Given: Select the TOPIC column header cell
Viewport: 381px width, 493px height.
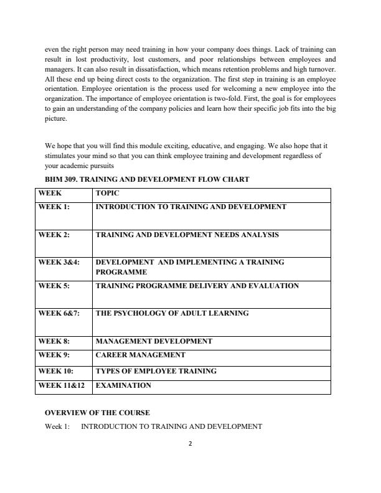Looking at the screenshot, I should (x=107, y=194).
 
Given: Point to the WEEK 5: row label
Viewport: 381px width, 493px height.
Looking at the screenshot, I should (x=54, y=286).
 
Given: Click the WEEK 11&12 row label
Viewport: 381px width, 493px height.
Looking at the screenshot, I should (x=61, y=385).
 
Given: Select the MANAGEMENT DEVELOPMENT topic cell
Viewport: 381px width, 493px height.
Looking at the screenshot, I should (x=154, y=341).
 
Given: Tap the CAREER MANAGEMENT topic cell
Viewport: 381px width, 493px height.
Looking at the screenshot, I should (x=140, y=355).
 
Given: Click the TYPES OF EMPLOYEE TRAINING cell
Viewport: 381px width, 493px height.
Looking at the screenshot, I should (x=156, y=371).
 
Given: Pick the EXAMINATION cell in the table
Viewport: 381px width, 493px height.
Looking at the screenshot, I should (x=123, y=385).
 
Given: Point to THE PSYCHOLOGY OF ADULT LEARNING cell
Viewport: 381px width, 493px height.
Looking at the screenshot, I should (x=172, y=313).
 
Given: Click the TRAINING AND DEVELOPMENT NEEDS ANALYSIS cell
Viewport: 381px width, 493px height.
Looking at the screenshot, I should (x=187, y=235).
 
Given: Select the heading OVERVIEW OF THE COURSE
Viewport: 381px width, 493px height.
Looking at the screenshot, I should (x=97, y=413).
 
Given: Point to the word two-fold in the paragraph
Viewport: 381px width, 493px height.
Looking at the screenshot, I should (x=210, y=99).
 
